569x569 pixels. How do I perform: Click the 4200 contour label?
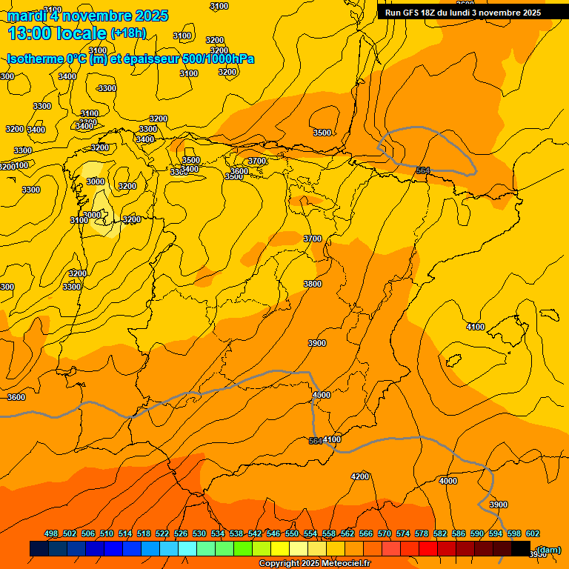(x=360, y=476)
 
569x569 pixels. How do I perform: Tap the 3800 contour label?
(x=313, y=284)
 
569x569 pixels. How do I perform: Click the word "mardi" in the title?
(x=27, y=16)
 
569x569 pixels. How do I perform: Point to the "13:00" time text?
(x=31, y=33)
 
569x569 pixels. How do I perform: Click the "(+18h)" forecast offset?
(x=128, y=33)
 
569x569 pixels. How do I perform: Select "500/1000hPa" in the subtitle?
(x=217, y=59)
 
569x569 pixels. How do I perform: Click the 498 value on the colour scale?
(x=51, y=533)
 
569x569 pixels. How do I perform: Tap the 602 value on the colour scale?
(x=533, y=533)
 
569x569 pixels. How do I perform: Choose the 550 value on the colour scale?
(x=292, y=533)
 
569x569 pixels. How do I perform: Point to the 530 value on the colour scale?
(x=199, y=533)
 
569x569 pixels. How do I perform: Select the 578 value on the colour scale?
(x=422, y=533)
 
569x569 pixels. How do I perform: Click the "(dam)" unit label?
(x=548, y=550)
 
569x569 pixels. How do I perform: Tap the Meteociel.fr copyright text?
(x=315, y=564)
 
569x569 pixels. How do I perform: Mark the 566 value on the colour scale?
(x=366, y=533)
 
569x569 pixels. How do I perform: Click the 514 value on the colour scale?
(x=125, y=533)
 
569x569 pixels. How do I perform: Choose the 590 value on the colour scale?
(x=477, y=533)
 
